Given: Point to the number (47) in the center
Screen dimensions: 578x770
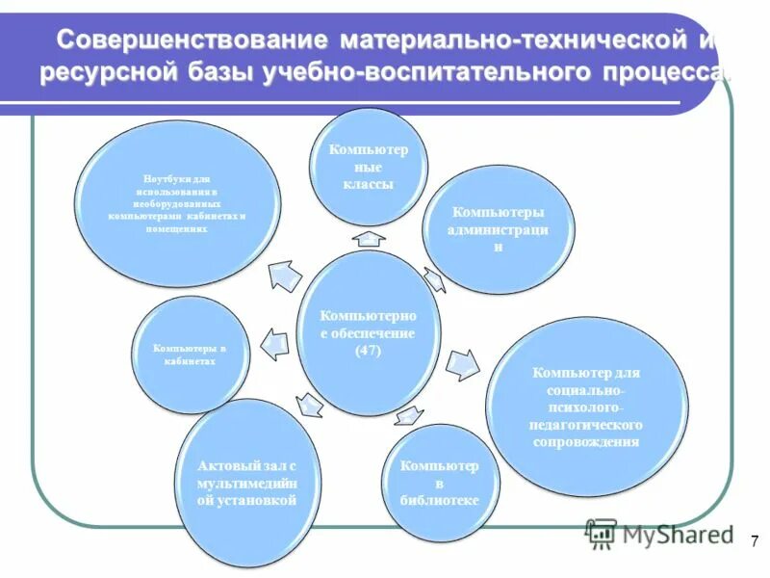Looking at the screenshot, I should coord(368,351).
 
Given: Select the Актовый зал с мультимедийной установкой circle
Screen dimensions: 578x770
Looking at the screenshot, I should coord(246,482).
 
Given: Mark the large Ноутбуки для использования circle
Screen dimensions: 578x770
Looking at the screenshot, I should coord(178,210).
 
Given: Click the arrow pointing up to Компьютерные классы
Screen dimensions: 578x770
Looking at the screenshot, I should coord(368,238).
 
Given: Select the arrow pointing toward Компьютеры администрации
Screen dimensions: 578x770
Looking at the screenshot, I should coord(434,279).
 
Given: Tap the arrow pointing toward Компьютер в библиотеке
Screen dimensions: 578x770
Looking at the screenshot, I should coord(408,416).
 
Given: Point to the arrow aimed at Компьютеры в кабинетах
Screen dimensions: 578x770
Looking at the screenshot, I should coord(274,344).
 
